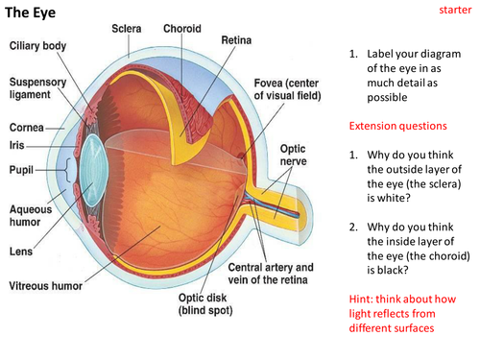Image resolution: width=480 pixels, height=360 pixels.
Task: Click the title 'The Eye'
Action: click(31, 12)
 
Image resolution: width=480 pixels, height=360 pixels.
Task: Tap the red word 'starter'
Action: click(455, 10)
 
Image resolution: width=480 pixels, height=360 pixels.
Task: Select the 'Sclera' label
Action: click(127, 29)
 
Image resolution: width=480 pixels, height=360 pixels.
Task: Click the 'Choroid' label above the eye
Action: click(182, 29)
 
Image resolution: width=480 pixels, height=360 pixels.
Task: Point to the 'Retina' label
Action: click(236, 40)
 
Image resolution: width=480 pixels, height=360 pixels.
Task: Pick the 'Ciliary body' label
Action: click(37, 46)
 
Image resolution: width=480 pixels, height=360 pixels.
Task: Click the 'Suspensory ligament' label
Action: click(37, 88)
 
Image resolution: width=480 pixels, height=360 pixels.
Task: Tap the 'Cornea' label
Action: click(27, 128)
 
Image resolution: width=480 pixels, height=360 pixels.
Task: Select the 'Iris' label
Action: click(16, 145)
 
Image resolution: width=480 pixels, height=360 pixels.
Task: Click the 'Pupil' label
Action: click(21, 170)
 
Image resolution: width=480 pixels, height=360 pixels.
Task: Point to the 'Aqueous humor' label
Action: click(31, 216)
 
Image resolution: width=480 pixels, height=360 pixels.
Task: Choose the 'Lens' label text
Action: click(21, 252)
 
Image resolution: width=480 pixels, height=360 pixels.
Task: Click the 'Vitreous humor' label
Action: click(46, 286)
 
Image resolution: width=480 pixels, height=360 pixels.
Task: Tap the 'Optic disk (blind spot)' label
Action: click(205, 304)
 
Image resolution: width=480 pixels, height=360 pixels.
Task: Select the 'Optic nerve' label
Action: click(293, 156)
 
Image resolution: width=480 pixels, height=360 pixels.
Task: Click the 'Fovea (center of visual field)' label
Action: click(287, 89)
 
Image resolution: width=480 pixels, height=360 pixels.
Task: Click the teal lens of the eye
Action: click(93, 170)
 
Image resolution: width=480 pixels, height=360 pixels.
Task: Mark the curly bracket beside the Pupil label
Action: click(67, 170)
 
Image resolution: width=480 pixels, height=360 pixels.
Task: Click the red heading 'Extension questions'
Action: click(397, 126)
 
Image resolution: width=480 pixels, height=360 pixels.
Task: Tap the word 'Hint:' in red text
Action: click(361, 299)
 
